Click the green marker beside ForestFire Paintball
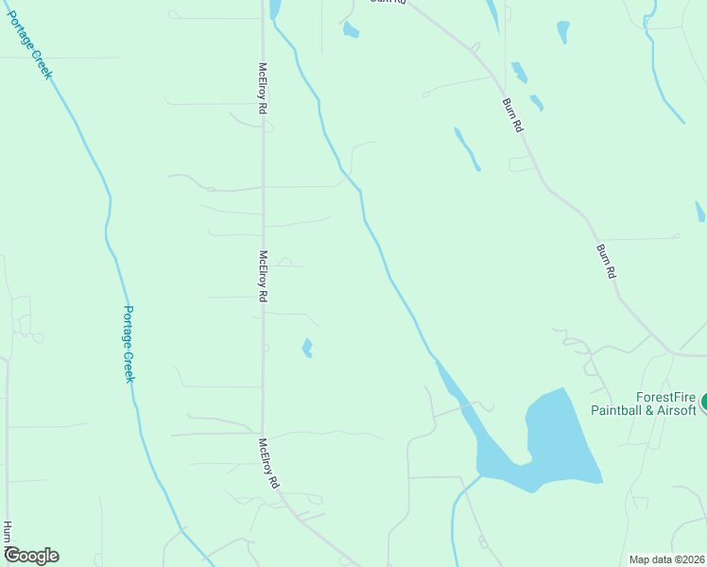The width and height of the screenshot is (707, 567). pos(704,403)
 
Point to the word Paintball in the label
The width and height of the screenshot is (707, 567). pos(618,410)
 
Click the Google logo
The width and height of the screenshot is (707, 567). pos(31,556)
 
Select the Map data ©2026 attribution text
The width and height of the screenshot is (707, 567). pos(666,559)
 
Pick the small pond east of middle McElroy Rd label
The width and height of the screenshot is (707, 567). pos(306,348)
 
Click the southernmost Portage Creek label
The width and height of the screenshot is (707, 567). pos(129,344)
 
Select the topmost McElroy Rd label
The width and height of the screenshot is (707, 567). pos(262,89)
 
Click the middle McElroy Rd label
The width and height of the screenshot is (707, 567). pos(262,275)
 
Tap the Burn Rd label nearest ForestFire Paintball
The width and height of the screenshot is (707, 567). pos(606,261)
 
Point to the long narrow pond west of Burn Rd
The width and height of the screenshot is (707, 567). pos(467,149)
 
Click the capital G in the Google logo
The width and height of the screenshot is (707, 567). pos(12,556)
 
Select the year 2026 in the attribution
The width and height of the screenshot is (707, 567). pos(691,559)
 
